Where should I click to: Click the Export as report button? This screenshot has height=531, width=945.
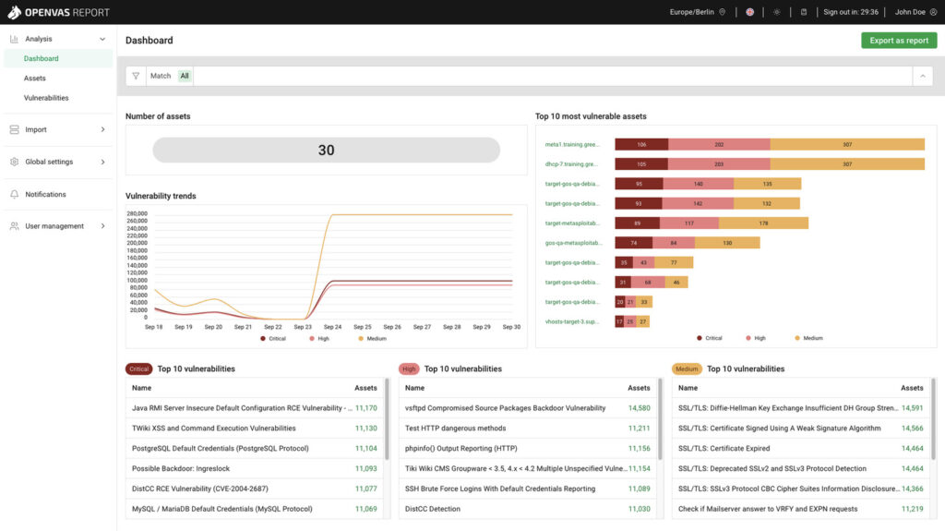tap(898, 41)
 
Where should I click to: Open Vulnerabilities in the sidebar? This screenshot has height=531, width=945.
tap(46, 98)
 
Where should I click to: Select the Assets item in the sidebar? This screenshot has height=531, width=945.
tap(35, 78)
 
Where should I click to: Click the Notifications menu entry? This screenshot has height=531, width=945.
tap(45, 194)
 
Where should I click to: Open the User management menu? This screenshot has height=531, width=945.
tap(54, 226)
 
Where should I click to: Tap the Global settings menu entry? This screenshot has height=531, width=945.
tap(49, 162)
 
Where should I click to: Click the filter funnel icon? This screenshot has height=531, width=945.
tap(136, 76)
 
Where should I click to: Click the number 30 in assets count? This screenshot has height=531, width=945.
tap(326, 151)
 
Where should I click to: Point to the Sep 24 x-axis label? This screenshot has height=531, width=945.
tap(332, 327)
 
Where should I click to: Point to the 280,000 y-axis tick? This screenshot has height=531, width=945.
tap(137, 213)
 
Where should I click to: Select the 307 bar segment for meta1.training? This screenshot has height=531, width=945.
tap(846, 145)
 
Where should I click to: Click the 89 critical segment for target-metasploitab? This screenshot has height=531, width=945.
tap(637, 223)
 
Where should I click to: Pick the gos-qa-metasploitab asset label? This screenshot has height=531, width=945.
tap(572, 243)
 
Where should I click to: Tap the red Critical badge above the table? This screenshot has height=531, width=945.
tap(138, 368)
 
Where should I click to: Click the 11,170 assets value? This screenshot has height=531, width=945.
tap(365, 408)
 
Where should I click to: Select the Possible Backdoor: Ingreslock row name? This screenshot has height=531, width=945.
tap(180, 469)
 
